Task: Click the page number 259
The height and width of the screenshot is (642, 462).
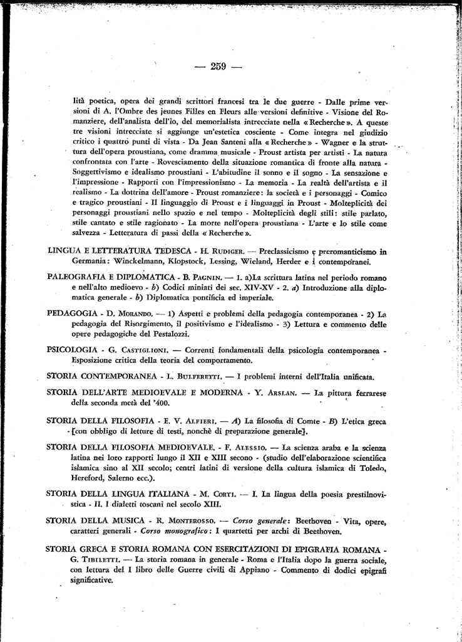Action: [x=218, y=66]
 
